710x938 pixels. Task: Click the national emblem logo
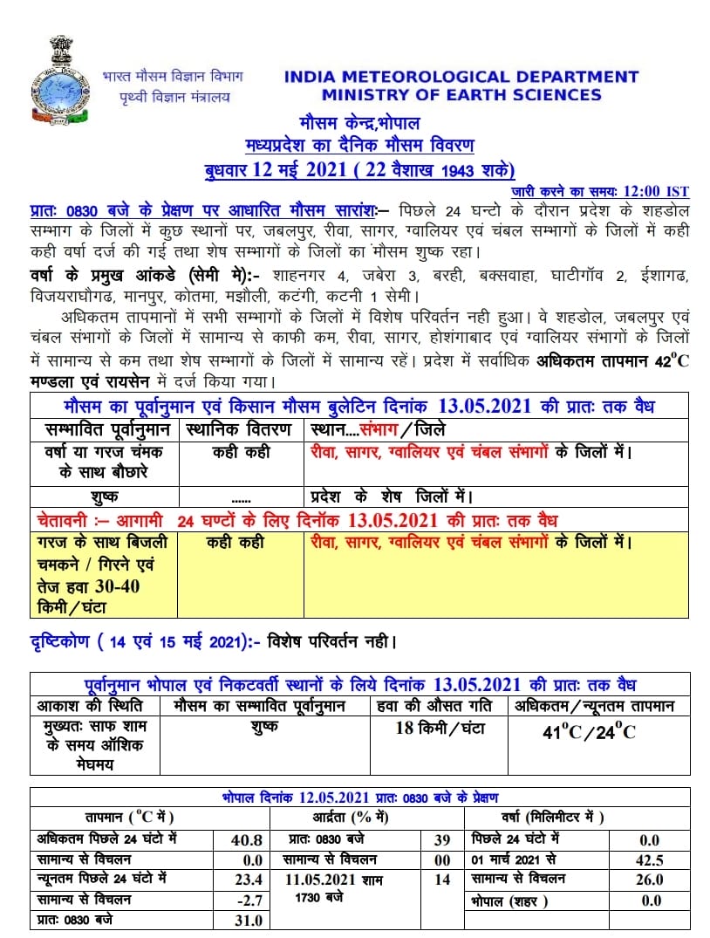[x=61, y=83]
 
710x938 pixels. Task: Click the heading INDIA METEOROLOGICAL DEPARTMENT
[x=461, y=77]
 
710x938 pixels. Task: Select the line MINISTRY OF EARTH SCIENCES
[x=461, y=95]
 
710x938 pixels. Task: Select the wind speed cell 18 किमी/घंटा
[x=440, y=728]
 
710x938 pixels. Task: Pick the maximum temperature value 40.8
[x=246, y=839]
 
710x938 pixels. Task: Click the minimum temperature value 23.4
[x=246, y=880]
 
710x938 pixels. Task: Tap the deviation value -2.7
[x=246, y=900]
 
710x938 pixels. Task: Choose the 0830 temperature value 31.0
[x=246, y=920]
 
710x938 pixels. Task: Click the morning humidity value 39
[x=441, y=839]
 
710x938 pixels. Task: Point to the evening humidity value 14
[x=441, y=880]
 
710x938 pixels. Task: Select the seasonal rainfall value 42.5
[x=651, y=859]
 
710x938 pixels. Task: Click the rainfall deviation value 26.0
[x=651, y=880]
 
